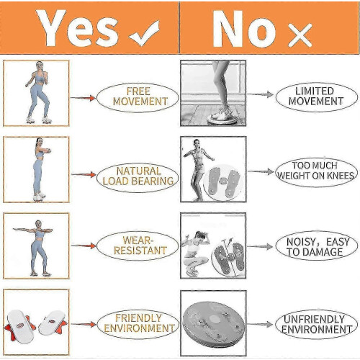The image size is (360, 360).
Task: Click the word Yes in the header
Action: click(77, 28)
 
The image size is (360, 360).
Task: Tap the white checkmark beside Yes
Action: click(145, 34)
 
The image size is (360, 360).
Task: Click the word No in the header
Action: click(244, 29)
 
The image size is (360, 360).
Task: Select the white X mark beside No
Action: click(300, 35)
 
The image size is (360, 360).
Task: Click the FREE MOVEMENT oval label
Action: click(138, 98)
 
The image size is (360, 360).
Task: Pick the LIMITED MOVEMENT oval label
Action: click(317, 97)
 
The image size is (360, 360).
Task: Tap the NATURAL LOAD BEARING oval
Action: click(138, 177)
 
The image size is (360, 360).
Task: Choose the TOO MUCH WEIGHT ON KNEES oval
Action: click(317, 172)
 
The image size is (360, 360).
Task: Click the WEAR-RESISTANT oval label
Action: click(138, 246)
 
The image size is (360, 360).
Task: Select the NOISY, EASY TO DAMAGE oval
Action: click(317, 246)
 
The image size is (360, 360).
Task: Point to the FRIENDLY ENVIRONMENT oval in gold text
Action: click(138, 324)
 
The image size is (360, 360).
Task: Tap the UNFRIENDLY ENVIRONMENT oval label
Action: click(317, 324)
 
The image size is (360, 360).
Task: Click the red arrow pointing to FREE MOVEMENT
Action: click(83, 98)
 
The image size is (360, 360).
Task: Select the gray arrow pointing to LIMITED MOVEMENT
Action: click(260, 94)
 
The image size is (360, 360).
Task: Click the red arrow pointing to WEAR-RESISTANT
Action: click(84, 246)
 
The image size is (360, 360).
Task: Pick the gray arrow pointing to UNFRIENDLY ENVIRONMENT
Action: click(260, 325)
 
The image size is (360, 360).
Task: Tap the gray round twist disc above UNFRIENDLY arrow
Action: click(214, 323)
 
